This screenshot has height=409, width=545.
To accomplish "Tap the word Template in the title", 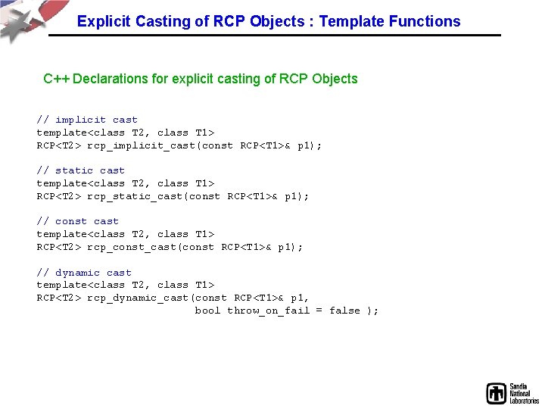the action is pos(351,21).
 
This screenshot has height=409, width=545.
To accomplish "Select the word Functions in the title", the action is pos(425,21).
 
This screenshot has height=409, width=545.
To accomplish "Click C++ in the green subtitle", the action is pos(56,79).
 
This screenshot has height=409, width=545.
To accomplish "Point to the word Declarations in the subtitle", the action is pos(111,79).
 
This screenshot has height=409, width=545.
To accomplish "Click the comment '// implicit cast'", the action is pos(87,120).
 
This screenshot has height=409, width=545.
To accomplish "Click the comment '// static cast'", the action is pos(81,170).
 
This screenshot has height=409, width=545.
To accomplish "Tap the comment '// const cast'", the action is pos(77,221).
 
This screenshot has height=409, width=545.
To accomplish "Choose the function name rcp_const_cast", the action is pos(132,247).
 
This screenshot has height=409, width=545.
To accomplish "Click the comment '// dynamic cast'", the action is pos(84,273).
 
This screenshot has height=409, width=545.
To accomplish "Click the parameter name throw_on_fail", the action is pos(268,311).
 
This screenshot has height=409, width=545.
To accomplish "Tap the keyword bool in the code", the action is pos(207,311).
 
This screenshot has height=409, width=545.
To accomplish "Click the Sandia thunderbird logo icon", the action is pos(496,393).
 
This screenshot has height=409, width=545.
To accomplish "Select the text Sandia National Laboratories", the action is pos(524,393).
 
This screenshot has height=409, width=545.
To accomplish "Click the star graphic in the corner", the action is pos(21,24).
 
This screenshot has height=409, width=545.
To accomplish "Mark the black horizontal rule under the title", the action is pos(275,35).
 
